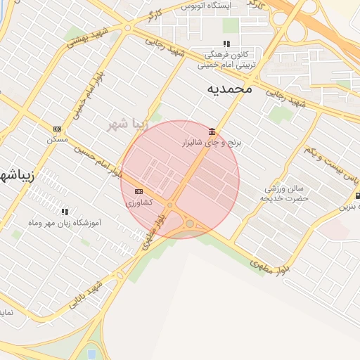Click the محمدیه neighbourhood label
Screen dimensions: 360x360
[230, 89]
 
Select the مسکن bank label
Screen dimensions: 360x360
[57, 140]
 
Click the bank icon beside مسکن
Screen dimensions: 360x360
[57, 129]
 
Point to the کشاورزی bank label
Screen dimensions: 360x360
[138, 202]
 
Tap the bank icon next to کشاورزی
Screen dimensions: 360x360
[139, 191]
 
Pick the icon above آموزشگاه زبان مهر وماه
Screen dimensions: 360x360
[65, 211]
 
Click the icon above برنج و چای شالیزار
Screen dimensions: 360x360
[212, 131]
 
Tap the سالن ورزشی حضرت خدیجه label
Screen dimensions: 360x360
[284, 193]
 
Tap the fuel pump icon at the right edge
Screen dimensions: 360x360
[358, 196]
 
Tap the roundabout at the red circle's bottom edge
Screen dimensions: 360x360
[190, 224]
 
